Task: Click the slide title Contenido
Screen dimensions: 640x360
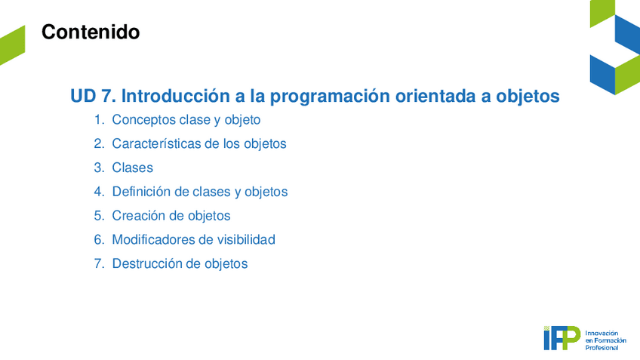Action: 91,32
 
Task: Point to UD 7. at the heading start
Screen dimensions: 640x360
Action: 93,96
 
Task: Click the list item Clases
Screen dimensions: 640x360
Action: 133,168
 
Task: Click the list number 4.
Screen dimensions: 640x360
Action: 99,192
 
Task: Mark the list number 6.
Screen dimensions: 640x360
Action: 99,239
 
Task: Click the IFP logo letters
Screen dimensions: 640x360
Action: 562,338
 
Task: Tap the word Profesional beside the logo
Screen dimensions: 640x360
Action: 602,348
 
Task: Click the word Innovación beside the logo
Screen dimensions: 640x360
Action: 602,333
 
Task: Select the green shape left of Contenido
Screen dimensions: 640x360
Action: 12,45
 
